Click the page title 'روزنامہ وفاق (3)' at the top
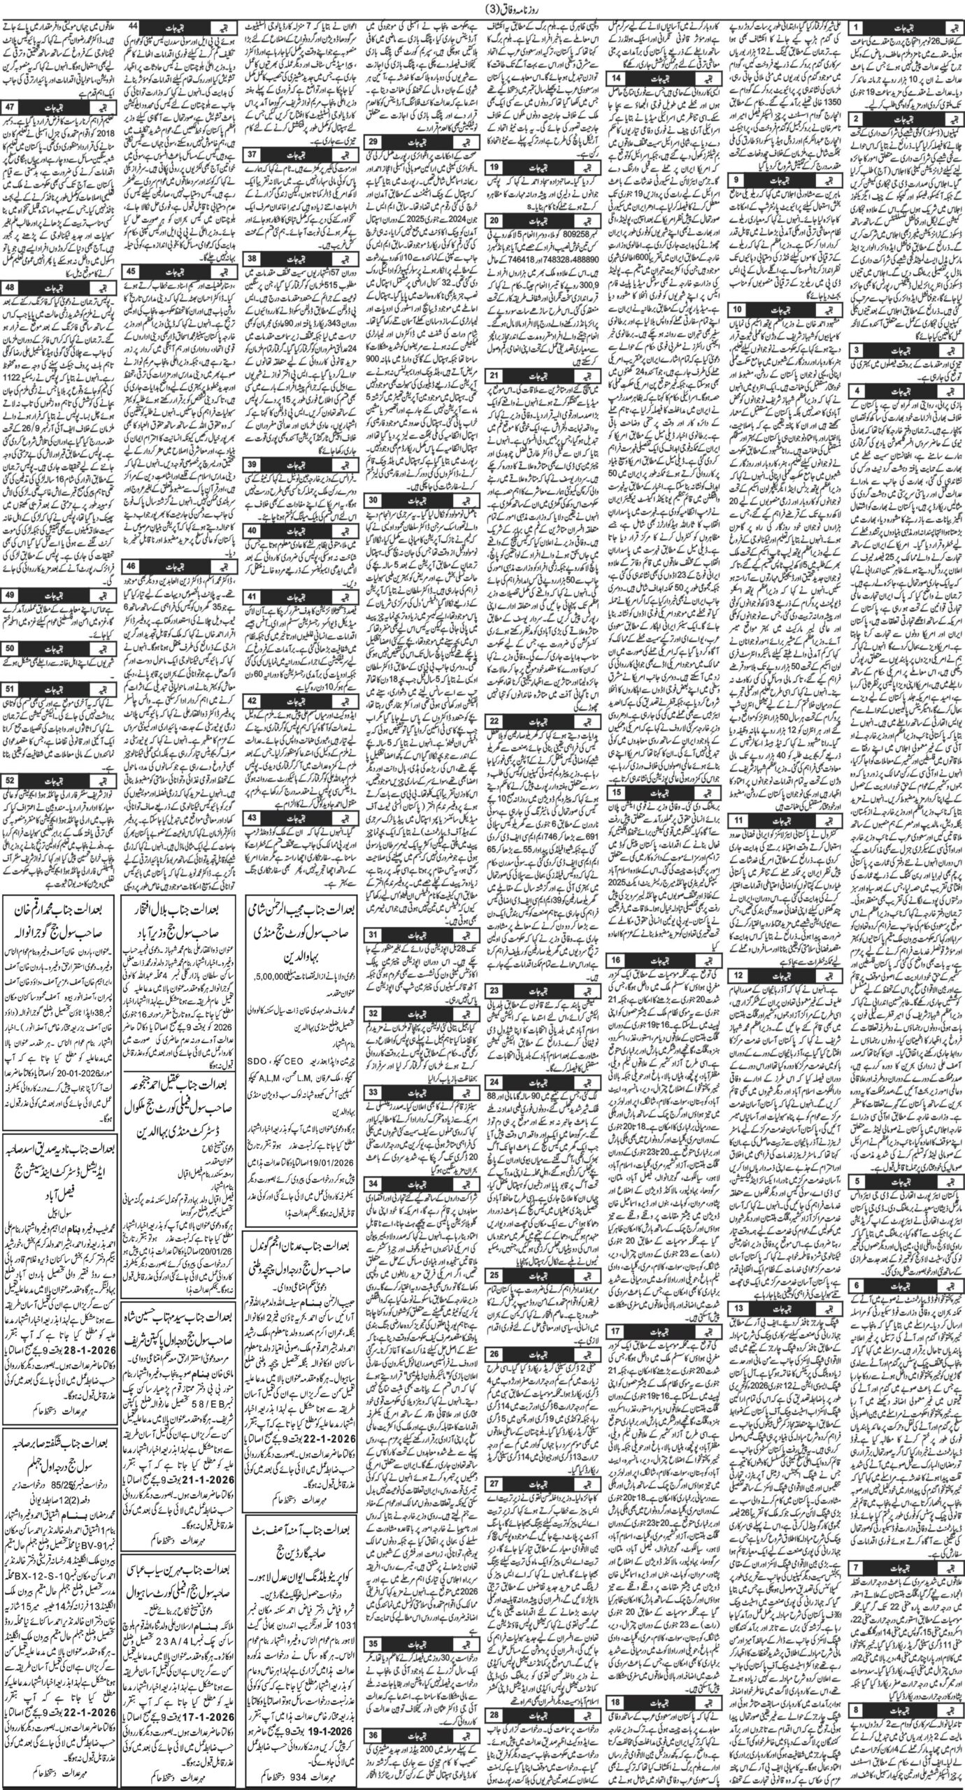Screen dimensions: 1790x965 click(482, 10)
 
